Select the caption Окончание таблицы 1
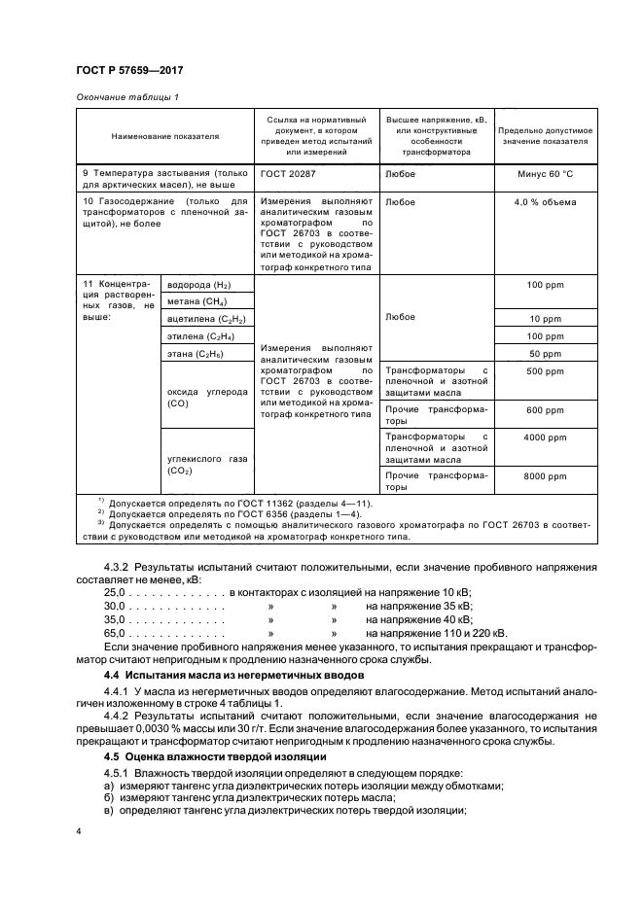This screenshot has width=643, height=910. (126, 96)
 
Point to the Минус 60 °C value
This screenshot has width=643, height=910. (546, 174)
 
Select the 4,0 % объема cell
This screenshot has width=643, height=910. (546, 202)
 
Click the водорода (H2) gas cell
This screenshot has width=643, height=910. (199, 285)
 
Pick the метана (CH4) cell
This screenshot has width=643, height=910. (196, 301)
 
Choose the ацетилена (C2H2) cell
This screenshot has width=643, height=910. (206, 319)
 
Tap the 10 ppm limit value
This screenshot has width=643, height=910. (546, 319)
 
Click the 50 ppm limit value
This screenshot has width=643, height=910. (546, 353)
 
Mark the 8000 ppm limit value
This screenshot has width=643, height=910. (546, 476)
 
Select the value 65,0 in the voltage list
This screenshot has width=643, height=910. (116, 632)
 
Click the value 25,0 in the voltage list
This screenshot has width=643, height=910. (116, 591)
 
